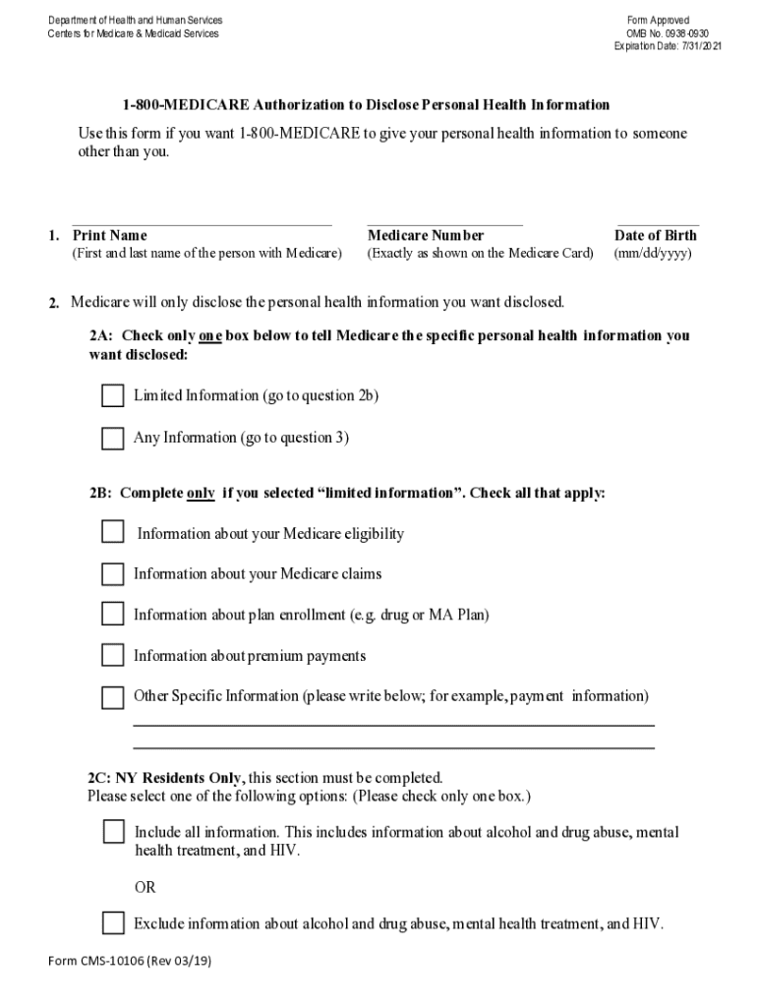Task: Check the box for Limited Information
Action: pos(113,396)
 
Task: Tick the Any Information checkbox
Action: pos(113,439)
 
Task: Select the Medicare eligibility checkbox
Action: pos(113,532)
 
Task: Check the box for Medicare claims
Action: pos(113,573)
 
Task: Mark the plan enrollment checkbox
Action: pos(113,615)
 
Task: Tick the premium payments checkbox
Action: pos(113,655)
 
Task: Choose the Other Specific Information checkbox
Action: pos(113,697)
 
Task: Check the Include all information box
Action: pos(114,832)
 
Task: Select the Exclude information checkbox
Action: pos(114,923)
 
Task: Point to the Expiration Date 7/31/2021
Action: pos(667,46)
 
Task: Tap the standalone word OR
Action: pos(145,888)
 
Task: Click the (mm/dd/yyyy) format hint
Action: pos(653,254)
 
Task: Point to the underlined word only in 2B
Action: pos(201,494)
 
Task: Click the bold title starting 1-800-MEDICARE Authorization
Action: pos(366,105)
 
